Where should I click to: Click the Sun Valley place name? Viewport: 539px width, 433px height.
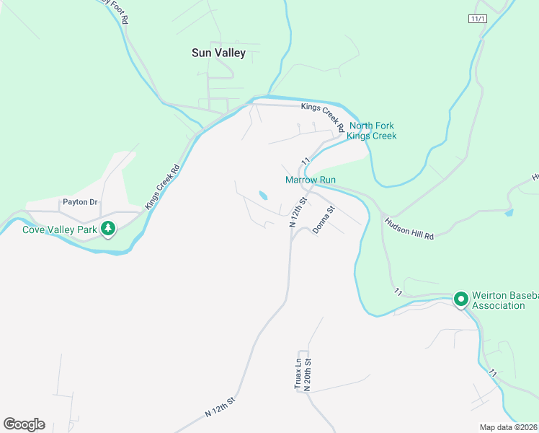pos(218,53)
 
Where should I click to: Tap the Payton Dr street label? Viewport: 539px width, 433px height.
pos(79,202)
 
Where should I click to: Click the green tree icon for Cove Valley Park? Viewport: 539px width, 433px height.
pos(108,229)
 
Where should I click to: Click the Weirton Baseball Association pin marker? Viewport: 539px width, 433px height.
pos(461,299)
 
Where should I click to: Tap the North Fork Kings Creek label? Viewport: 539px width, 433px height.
pos(371,131)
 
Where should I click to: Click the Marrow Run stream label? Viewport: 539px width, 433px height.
pos(311,180)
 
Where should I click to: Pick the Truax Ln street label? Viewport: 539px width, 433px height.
pos(298,375)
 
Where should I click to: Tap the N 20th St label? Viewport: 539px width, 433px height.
pos(307,375)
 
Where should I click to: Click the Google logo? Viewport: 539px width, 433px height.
pos(24,424)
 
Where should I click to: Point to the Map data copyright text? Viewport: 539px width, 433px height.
pos(509,427)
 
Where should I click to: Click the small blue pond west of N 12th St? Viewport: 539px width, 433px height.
pos(263,196)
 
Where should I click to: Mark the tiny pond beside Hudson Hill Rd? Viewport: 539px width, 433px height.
pos(509,213)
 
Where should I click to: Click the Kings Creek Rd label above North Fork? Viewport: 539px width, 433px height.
pos(322,115)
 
